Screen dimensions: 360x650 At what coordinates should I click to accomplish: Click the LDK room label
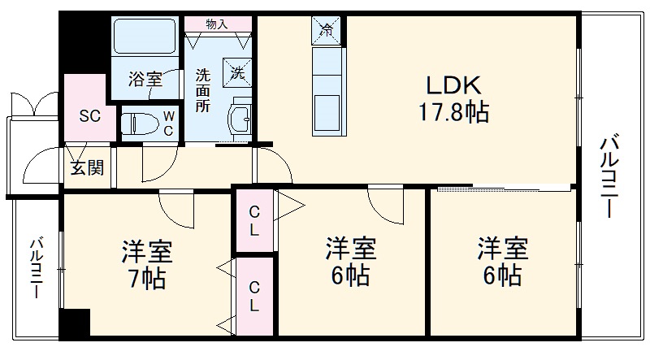coord(453,85)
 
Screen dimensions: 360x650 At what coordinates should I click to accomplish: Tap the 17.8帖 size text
coord(453,111)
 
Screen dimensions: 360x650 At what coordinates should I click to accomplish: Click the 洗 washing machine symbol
coord(238,72)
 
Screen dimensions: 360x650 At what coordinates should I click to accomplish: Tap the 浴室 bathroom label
coord(145,80)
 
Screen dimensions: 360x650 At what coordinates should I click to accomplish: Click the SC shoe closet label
coord(89,115)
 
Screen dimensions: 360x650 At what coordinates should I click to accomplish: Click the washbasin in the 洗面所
coord(240,119)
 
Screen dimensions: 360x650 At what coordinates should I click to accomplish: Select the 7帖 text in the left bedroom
coord(147,279)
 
